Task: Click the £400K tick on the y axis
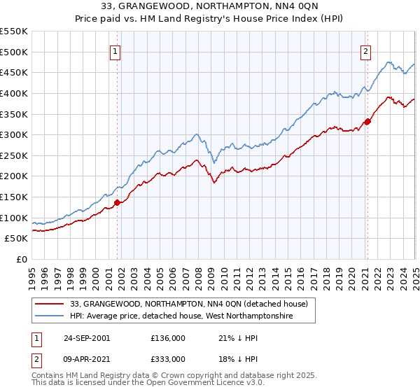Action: pyautogui.click(x=14, y=93)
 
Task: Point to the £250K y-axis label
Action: pyautogui.click(x=14, y=155)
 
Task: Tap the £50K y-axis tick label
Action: pyautogui.click(x=17, y=239)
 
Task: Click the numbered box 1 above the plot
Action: pyautogui.click(x=114, y=50)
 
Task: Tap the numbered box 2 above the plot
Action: pyautogui.click(x=365, y=50)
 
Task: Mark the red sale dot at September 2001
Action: pyautogui.click(x=118, y=203)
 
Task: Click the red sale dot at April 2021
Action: pyautogui.click(x=367, y=121)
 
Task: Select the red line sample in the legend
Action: pyautogui.click(x=49, y=304)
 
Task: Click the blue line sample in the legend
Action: pyautogui.click(x=49, y=316)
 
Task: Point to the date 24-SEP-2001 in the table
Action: pyautogui.click(x=86, y=338)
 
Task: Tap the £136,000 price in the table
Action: pyautogui.click(x=168, y=338)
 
